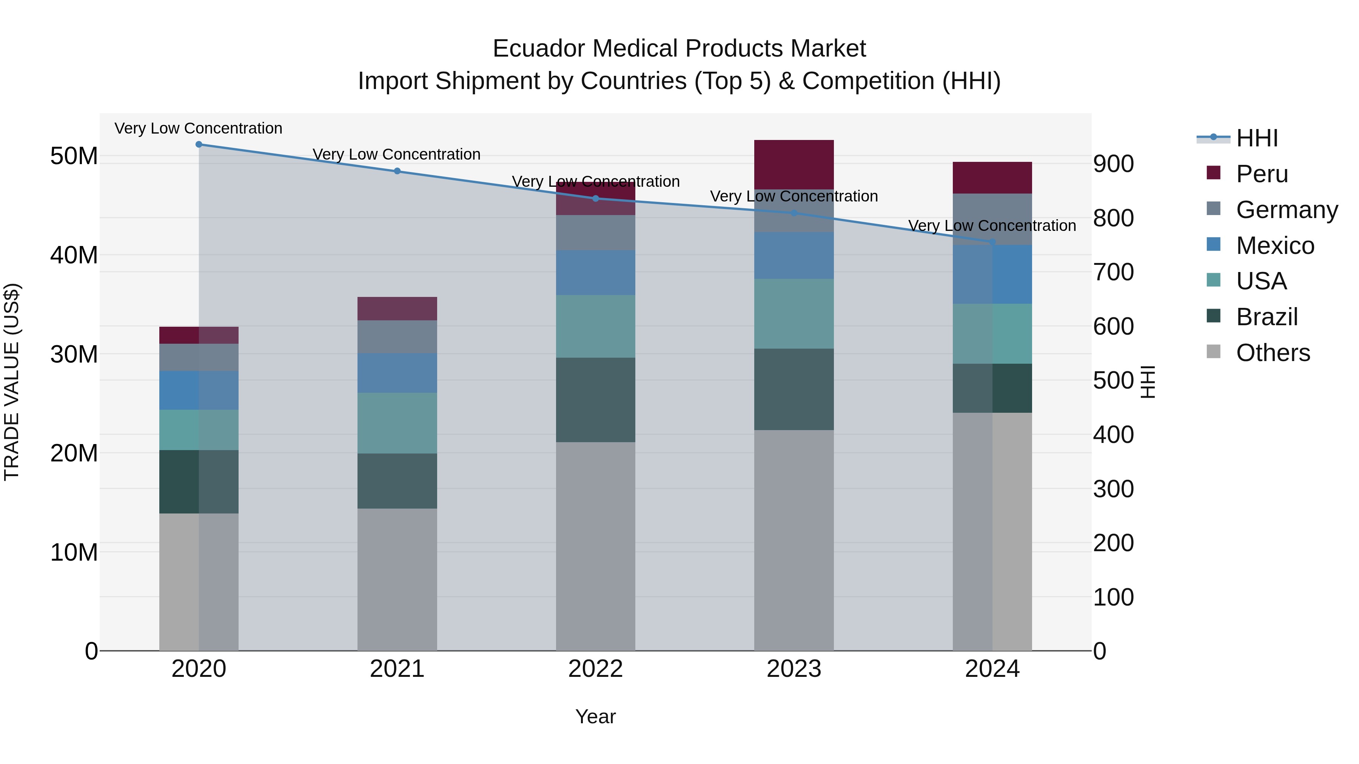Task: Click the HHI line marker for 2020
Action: coord(199,144)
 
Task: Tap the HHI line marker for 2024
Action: coord(992,242)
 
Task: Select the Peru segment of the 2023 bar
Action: coord(794,164)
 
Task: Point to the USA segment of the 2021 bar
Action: coord(397,423)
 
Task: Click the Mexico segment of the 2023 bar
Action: coord(794,255)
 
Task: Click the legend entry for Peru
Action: coord(1261,174)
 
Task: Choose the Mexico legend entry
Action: coord(1274,246)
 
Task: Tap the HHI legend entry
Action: coord(1256,138)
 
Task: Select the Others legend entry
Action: coord(1272,353)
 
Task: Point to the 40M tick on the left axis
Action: coord(74,255)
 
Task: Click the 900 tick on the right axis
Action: coord(1113,164)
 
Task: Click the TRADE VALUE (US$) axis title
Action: coord(12,382)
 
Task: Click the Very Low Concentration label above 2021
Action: coord(396,154)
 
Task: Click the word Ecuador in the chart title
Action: coord(538,49)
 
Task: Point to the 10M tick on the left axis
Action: coord(74,552)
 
